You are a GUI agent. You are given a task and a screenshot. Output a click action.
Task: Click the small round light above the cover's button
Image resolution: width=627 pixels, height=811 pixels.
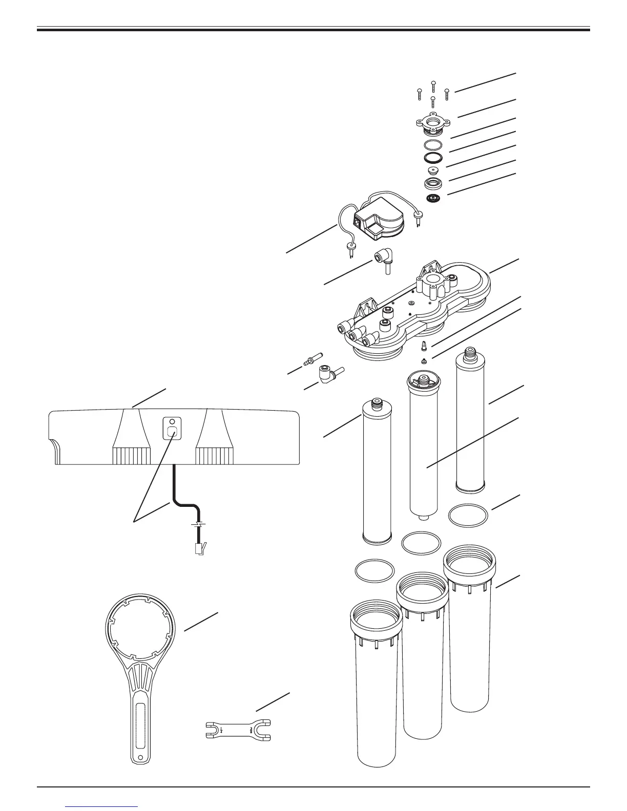pos(172,423)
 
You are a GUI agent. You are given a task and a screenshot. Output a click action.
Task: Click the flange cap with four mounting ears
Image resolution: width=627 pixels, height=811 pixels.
pos(433,123)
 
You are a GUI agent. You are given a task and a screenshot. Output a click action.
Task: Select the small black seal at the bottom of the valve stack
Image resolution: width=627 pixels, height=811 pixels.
pos(433,198)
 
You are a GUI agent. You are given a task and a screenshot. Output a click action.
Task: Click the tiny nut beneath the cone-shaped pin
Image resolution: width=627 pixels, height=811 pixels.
pos(425,361)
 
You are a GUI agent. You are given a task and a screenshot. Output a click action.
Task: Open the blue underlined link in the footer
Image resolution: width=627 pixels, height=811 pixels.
pos(102,806)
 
